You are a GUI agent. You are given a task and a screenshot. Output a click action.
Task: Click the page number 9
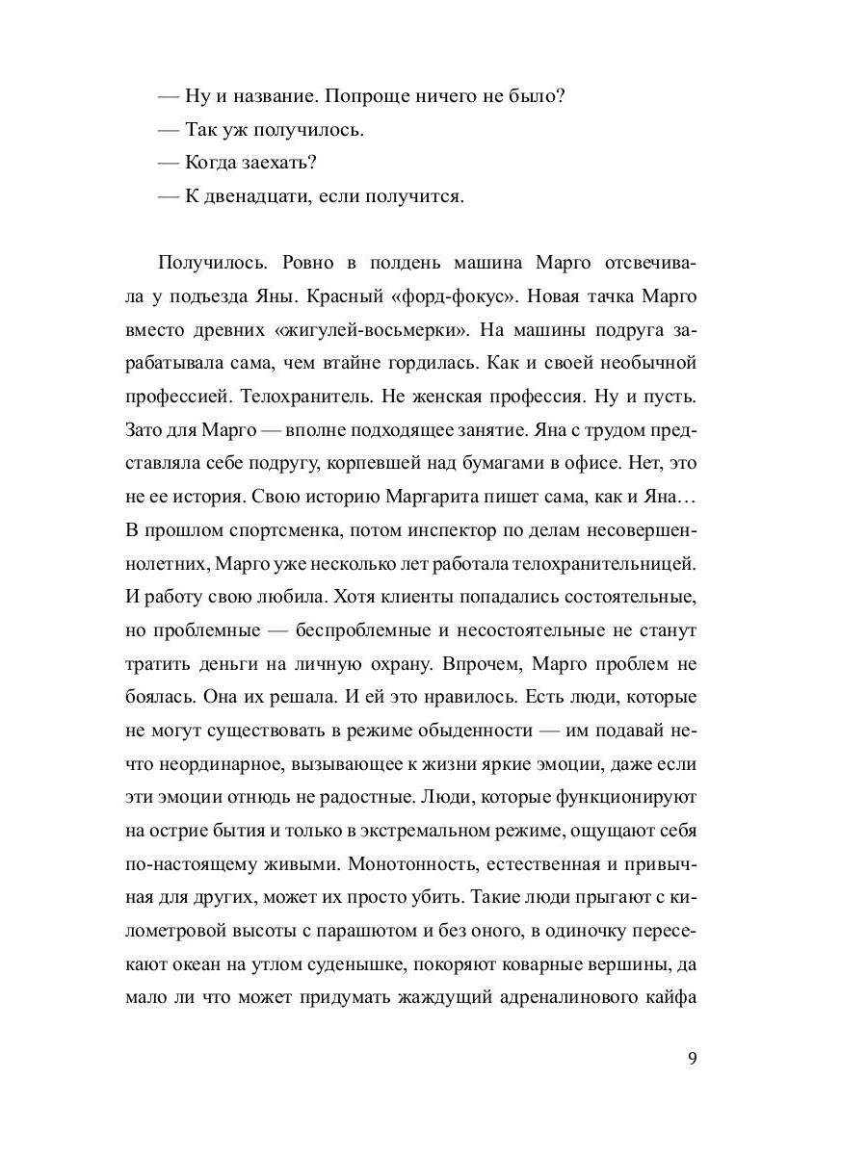693,1060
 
